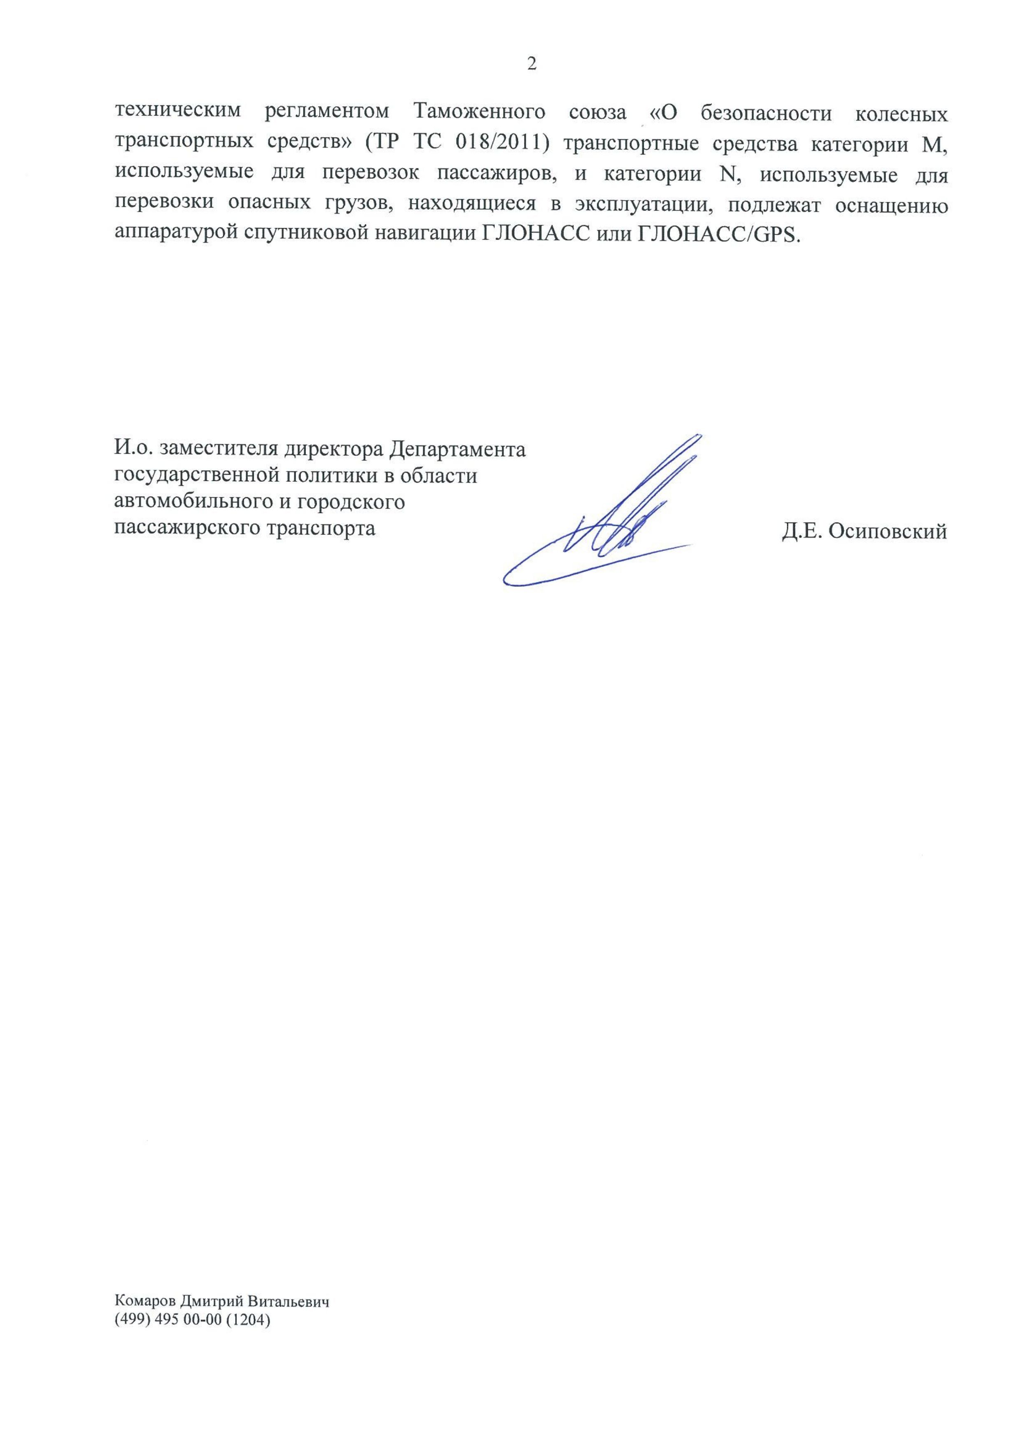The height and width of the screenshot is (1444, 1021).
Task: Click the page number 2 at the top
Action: pos(532,64)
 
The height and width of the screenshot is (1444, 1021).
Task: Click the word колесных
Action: pos(902,114)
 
